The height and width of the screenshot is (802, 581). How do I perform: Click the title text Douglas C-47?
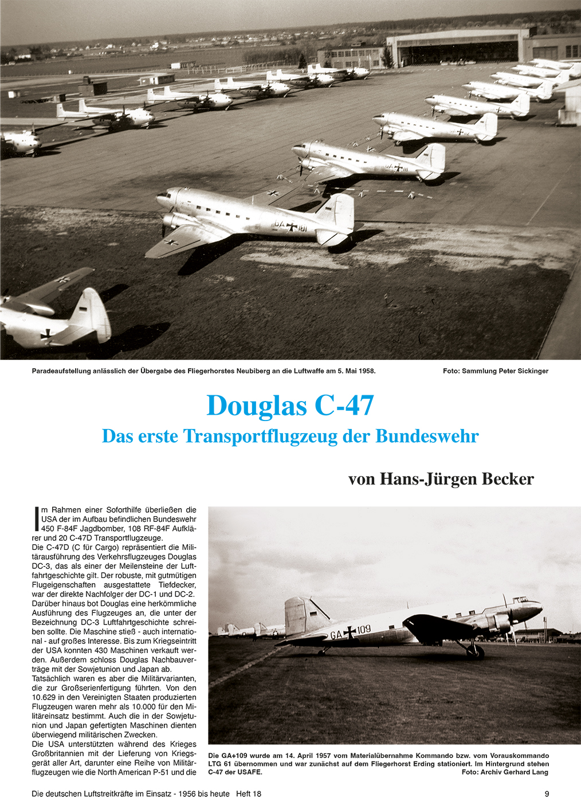(290, 405)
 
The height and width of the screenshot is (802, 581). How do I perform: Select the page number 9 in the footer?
(547, 793)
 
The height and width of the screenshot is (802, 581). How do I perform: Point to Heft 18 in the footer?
(249, 793)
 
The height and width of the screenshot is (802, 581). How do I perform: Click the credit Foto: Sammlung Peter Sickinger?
(495, 371)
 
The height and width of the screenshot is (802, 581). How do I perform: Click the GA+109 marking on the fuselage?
(350, 632)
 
